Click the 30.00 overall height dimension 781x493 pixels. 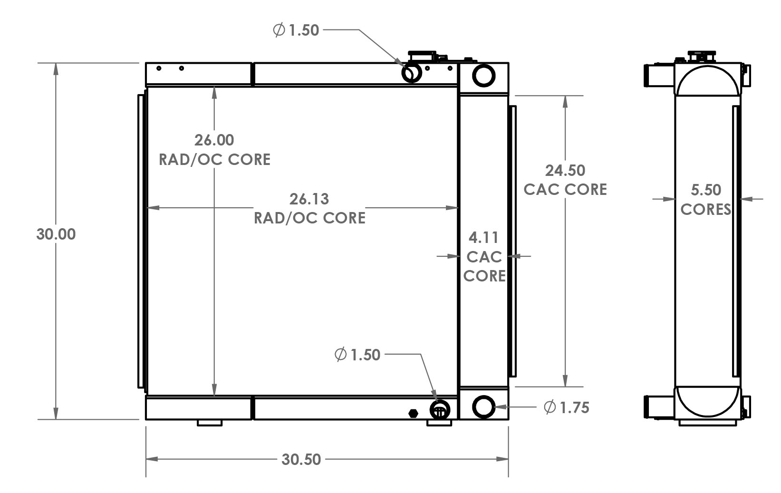click(56, 234)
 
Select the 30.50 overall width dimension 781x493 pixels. click(301, 459)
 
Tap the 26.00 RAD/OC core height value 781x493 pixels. click(214, 140)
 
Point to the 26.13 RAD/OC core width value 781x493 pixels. click(309, 199)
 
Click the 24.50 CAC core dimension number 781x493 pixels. click(565, 170)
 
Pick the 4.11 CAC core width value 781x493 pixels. click(483, 237)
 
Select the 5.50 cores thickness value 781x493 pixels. click(705, 190)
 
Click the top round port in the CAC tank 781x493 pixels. click(483, 75)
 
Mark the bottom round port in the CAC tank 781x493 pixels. click(483, 406)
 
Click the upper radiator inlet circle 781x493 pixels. click(411, 73)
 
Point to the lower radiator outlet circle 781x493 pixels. click(440, 410)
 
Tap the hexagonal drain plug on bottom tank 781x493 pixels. click(413, 413)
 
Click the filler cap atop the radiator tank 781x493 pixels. click(422, 55)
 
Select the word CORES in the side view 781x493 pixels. click(705, 209)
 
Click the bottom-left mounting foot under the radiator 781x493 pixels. click(209, 423)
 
